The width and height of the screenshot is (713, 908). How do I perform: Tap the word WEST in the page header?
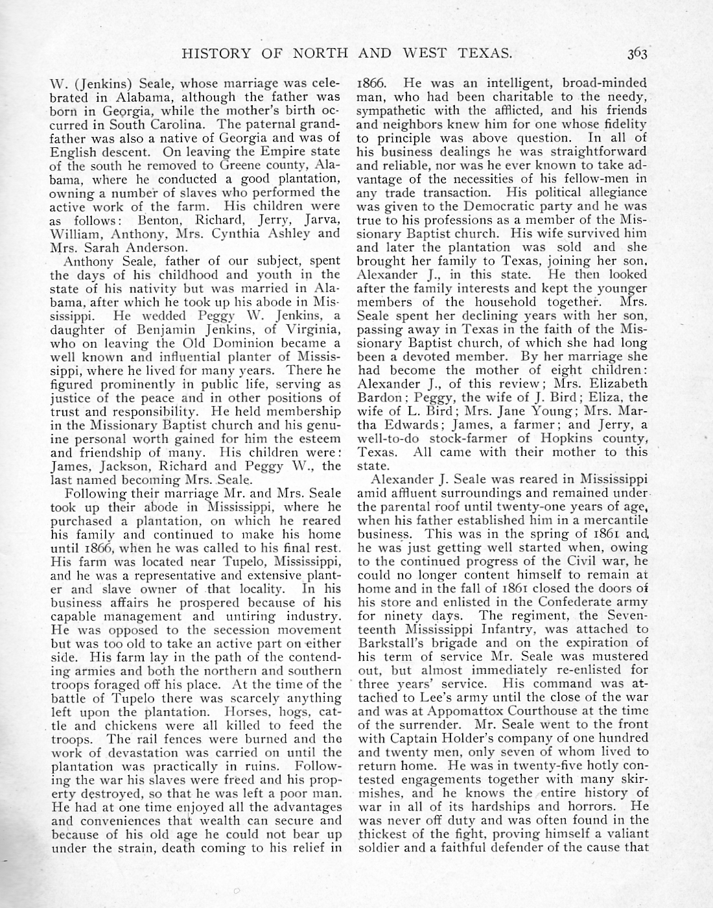(x=425, y=53)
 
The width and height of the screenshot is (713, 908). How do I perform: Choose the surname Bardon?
(x=377, y=397)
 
